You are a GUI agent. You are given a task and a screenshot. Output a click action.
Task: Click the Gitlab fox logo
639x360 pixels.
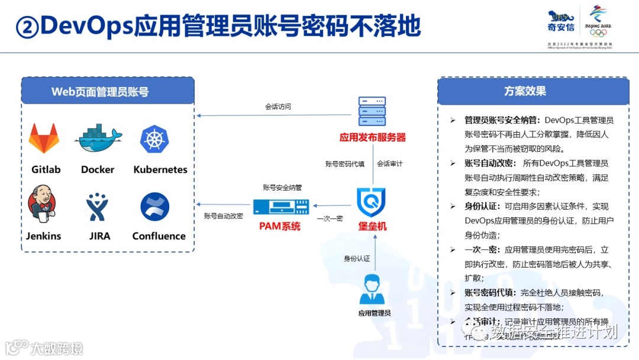(x=44, y=138)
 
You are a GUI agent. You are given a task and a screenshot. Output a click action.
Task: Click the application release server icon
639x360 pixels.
(x=372, y=112)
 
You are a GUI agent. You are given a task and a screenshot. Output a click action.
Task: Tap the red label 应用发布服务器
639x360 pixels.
(x=372, y=137)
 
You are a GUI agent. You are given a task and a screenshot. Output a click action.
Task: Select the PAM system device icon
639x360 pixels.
(x=279, y=207)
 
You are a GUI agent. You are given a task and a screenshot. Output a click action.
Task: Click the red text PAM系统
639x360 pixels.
(x=279, y=226)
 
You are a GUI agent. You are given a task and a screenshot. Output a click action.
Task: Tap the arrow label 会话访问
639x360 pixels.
(x=277, y=107)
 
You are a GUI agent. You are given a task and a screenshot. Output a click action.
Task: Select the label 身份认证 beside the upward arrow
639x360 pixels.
(x=357, y=258)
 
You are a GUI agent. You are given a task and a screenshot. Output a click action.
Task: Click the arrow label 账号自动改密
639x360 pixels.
(x=223, y=216)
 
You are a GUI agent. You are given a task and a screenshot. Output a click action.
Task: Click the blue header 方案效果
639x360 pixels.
(x=525, y=91)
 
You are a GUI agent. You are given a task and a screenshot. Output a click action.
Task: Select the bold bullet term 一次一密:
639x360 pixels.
(x=482, y=249)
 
